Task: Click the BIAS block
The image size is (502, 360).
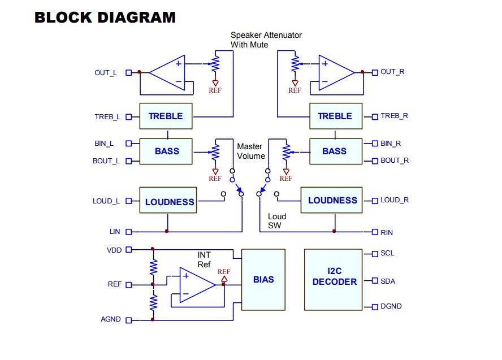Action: pos(263,280)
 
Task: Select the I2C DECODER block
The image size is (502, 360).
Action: pos(334,280)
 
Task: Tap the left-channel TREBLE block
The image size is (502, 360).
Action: pos(166,116)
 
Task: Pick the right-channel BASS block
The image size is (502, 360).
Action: pos(336,151)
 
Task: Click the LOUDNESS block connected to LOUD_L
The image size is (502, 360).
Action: pos(168,200)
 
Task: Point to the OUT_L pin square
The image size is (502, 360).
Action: pos(129,73)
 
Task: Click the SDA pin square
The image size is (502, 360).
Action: pos(375,281)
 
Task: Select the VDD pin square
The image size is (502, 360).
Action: pos(129,250)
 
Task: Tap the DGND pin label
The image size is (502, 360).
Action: pos(391,306)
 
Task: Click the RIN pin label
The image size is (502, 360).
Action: pos(387,233)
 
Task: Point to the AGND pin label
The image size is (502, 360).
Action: pos(111,319)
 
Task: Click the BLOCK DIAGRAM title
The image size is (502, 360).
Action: pos(105,18)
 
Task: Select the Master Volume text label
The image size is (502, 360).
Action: pos(251,151)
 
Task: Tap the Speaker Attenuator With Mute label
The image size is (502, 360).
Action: pos(266,40)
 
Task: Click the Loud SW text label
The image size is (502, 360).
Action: pos(277,221)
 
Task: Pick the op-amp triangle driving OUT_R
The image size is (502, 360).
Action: pos(336,73)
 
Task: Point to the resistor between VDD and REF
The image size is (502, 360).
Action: pos(153,267)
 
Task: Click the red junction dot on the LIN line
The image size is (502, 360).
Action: pos(167,231)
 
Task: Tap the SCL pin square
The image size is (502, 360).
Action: pos(375,254)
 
